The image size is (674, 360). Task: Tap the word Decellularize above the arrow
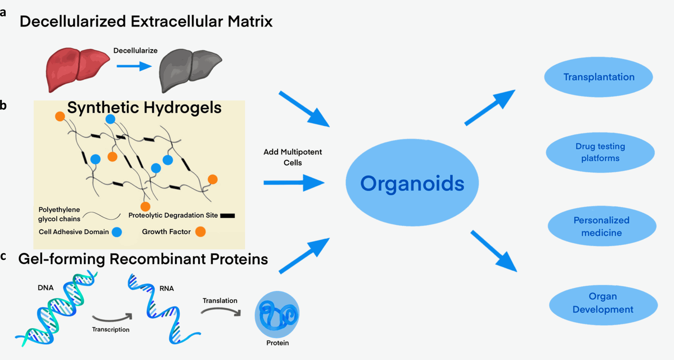tap(136, 51)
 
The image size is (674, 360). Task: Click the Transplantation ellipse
tap(599, 77)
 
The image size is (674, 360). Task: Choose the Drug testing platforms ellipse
tap(600, 152)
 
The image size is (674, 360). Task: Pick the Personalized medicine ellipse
tap(602, 226)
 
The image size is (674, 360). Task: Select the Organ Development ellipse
tap(603, 305)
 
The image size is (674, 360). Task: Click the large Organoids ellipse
tap(412, 183)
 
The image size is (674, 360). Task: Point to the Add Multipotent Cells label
tap(293, 157)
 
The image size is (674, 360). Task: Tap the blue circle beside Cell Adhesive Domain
tap(117, 232)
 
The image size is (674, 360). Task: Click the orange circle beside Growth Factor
tap(200, 232)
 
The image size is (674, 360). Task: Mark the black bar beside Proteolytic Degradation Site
tap(227, 216)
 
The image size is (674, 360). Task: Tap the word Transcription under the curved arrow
tap(111, 329)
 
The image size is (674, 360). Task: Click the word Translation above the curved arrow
tap(220, 301)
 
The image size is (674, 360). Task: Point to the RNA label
tap(167, 288)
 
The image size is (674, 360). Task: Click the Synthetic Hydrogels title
tap(144, 107)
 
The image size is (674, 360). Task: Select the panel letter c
tap(3, 256)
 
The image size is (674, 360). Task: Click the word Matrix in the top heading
tap(250, 21)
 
